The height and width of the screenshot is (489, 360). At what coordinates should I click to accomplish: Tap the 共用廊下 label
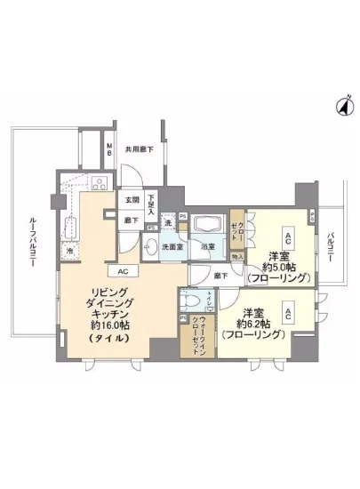139,149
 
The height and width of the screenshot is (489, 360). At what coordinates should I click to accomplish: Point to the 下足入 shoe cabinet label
153,204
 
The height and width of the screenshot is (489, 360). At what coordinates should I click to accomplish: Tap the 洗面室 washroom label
172,247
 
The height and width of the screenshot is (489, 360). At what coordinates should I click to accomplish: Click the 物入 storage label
236,257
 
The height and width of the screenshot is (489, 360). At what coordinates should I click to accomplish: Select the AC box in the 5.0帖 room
290,236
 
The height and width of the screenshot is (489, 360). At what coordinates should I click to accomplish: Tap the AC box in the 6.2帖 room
290,308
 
